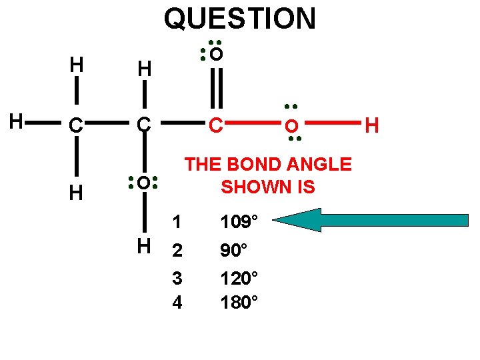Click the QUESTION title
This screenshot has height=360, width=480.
pyautogui.click(x=239, y=18)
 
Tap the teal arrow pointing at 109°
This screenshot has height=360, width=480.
pyautogui.click(x=373, y=220)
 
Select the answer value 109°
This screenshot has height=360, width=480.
pyautogui.click(x=239, y=221)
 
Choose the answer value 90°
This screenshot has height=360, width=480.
pyautogui.click(x=234, y=251)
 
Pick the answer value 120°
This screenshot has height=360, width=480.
pyautogui.click(x=239, y=277)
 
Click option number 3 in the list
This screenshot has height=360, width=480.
pyautogui.click(x=177, y=277)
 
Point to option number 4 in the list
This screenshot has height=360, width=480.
pyautogui.click(x=177, y=302)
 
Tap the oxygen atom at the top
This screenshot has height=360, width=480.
pyautogui.click(x=216, y=54)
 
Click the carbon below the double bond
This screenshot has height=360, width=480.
pyautogui.click(x=215, y=125)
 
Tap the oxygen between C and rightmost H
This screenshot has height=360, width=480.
pyautogui.click(x=291, y=126)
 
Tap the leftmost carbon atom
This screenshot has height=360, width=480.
pyautogui.click(x=77, y=125)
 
